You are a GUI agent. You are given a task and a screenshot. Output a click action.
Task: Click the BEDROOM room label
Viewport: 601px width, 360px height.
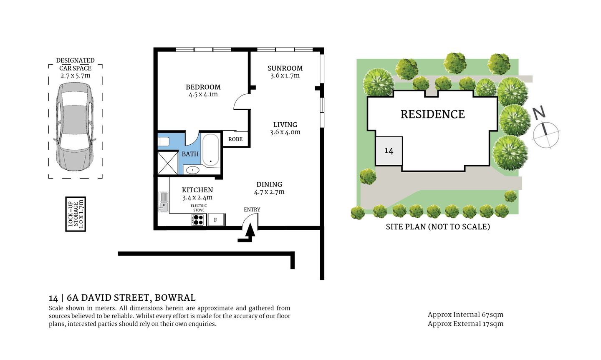[x=203, y=87]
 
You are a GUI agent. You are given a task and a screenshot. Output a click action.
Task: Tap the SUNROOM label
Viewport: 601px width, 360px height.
[x=285, y=68]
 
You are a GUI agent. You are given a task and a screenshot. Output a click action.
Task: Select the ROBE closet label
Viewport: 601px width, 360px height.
[x=235, y=139]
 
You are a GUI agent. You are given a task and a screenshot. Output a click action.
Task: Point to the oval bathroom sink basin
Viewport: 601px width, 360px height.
[x=192, y=169]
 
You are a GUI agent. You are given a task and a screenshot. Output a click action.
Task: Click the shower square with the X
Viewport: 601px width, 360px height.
[x=168, y=163]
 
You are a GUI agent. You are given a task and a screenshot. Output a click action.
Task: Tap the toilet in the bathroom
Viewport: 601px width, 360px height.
[x=163, y=141]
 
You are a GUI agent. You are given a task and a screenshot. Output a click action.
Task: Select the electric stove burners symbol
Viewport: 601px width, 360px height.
[x=198, y=220]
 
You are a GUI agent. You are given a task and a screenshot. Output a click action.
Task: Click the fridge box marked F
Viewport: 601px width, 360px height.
[x=216, y=220]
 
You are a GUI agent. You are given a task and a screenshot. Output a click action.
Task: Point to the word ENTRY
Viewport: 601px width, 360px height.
[x=252, y=209]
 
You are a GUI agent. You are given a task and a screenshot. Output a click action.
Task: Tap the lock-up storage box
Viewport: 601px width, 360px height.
[x=76, y=214]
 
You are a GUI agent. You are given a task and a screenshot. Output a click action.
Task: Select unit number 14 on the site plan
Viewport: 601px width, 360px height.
[x=389, y=151]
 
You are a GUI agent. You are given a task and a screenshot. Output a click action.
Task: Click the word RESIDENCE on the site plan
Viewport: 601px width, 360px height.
[x=432, y=114]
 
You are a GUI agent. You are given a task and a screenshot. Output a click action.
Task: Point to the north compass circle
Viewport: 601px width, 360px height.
[x=546, y=134]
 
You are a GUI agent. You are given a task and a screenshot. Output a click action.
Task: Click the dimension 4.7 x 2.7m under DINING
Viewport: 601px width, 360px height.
[x=269, y=192]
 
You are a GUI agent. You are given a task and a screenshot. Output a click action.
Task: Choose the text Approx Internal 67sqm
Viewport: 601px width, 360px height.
[x=465, y=315]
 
